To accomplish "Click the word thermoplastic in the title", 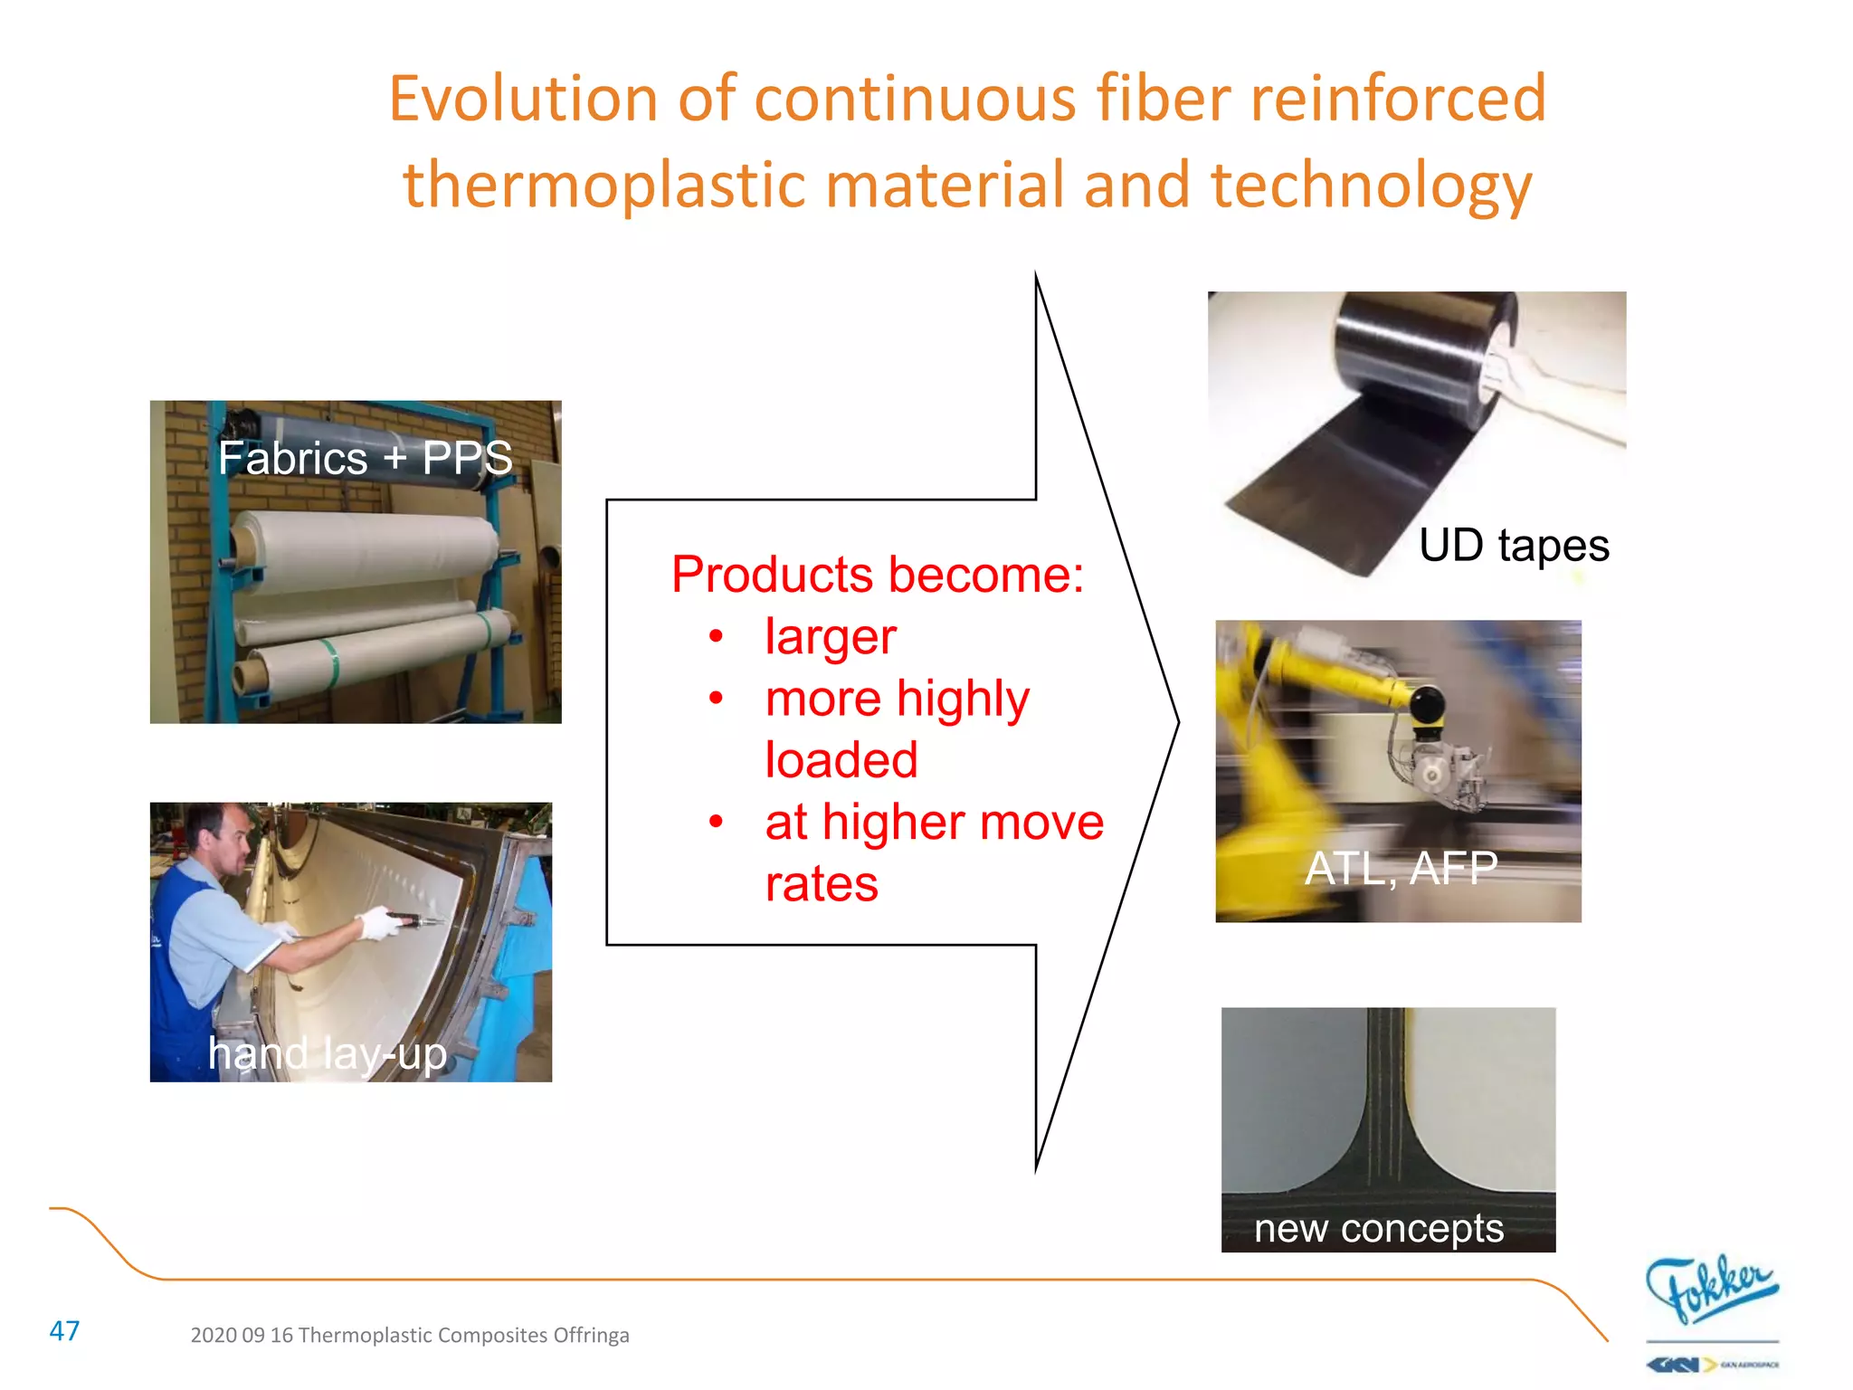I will pyautogui.click(x=603, y=185).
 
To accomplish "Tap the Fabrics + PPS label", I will pyautogui.click(x=365, y=458).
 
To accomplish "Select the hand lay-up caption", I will pyautogui.click(x=327, y=1053).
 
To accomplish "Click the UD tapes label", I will pyautogui.click(x=1513, y=546).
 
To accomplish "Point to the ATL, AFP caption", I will pyautogui.click(x=1401, y=868).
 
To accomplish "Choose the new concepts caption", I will pyautogui.click(x=1378, y=1228).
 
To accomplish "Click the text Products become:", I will pyautogui.click(x=877, y=575).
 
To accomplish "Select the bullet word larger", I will pyautogui.click(x=830, y=636).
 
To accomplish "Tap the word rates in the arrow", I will pyautogui.click(x=821, y=883).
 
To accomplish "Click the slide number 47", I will pyautogui.click(x=64, y=1331).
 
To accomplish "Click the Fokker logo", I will pyautogui.click(x=1710, y=1289).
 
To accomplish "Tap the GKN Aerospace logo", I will pyautogui.click(x=1710, y=1364).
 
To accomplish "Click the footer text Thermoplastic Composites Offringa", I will pyautogui.click(x=463, y=1335).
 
